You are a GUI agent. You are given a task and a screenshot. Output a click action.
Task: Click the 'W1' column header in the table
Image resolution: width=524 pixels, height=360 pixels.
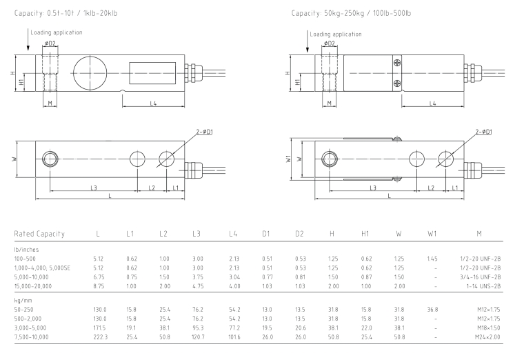[x=432, y=234]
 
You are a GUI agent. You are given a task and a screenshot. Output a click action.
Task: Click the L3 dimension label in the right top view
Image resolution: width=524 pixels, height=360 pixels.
[x=373, y=187]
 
